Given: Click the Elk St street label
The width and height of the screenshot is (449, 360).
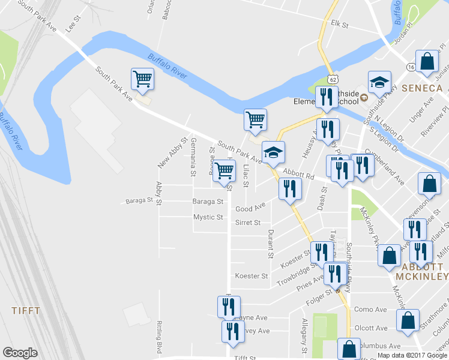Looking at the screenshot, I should coord(340,25).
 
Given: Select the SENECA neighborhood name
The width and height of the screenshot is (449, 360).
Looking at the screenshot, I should coord(422,88).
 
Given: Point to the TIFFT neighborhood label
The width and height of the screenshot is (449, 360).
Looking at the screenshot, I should coord(26,311).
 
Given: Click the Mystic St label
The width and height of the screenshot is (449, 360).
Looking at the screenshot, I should coord(208,217).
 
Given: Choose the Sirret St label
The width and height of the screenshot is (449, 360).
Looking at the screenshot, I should coord(248,223).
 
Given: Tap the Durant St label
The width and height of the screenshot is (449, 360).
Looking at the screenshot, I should coord(271,243).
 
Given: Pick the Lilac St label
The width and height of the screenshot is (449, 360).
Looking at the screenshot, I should coord(246,175).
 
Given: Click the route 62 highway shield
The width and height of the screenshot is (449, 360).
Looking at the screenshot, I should coord(333,79).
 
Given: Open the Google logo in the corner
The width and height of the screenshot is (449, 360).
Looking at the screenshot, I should coord(20,353).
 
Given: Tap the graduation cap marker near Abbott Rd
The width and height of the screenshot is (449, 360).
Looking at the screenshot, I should coord(273,152).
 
